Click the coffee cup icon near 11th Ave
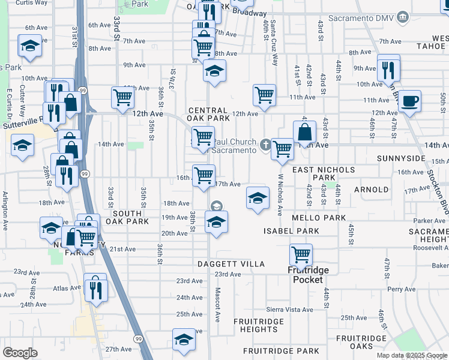411,101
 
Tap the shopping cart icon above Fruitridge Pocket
301,254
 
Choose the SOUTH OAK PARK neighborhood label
127,217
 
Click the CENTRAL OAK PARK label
208,115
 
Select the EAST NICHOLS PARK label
323,174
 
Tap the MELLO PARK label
320,217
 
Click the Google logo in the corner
20,352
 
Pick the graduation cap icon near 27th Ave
184,339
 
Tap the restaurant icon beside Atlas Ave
95,289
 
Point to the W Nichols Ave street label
280,194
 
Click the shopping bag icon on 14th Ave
304,131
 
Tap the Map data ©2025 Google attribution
412,355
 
